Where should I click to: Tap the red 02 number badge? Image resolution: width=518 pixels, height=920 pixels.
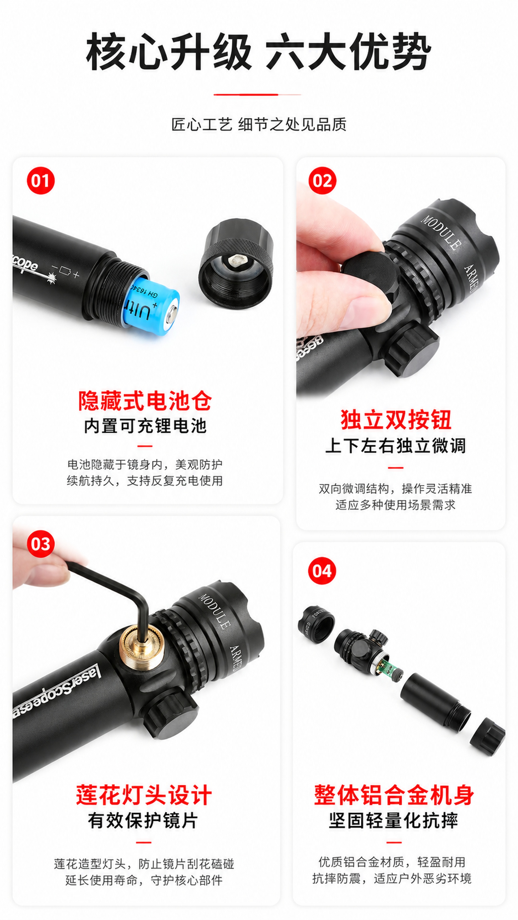coord(322,181)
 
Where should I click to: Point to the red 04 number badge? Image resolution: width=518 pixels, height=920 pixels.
coord(322,571)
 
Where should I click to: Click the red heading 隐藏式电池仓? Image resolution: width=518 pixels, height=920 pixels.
coord(145,401)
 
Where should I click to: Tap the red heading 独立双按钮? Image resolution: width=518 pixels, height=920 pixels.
coord(395,420)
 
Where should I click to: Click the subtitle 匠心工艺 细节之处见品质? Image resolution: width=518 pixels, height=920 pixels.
coord(259,125)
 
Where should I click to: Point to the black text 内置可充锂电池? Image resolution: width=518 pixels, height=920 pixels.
coord(145,426)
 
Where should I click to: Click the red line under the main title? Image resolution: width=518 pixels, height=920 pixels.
coord(257,95)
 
